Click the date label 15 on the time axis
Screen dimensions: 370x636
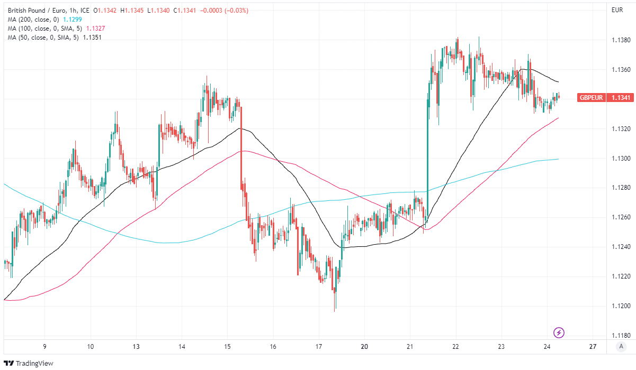coord(227,347)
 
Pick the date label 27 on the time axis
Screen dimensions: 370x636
coord(593,347)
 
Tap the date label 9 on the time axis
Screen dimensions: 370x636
coord(45,347)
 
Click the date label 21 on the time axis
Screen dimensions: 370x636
coord(410,347)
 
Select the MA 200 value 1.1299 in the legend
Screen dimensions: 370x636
coord(73,19)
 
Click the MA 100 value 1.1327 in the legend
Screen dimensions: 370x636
coord(94,29)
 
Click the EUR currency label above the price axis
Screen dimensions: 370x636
coord(617,10)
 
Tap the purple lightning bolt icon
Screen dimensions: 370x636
coord(559,332)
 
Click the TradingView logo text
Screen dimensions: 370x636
coord(34,363)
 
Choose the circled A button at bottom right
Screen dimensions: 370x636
coord(620,347)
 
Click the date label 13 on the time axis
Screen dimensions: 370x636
coord(136,347)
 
